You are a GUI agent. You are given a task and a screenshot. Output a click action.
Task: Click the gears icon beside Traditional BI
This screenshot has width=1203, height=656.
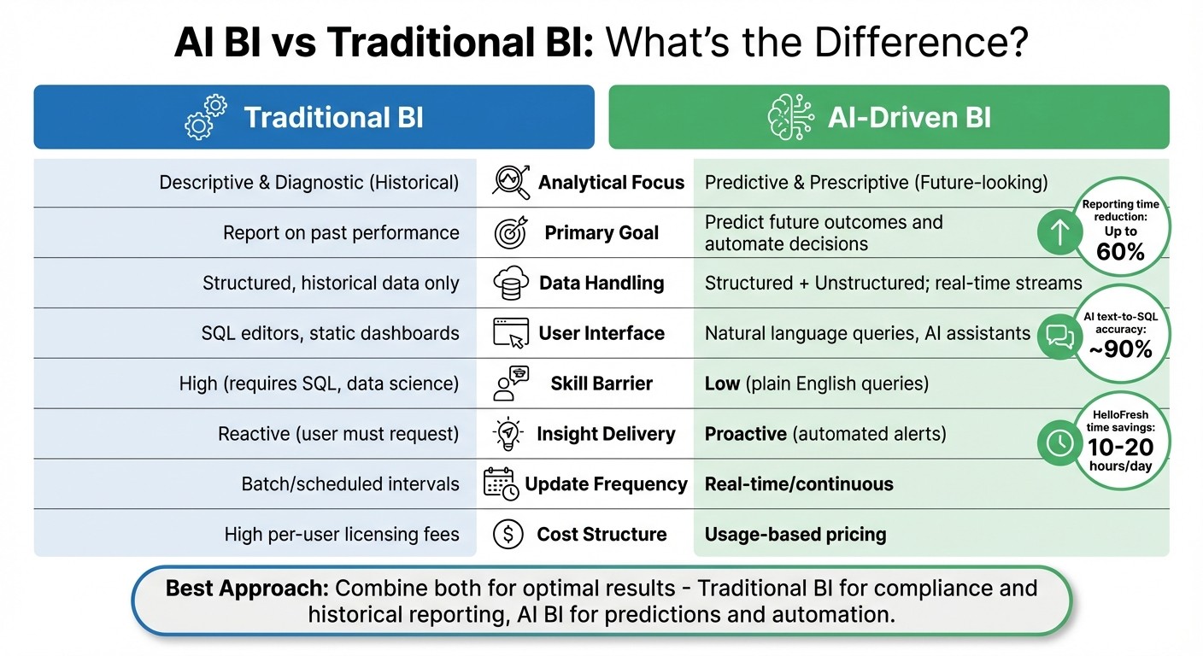(x=206, y=118)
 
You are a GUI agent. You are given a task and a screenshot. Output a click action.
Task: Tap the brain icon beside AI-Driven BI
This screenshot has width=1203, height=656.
(x=788, y=118)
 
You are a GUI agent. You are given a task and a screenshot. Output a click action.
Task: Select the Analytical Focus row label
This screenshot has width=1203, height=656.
(x=611, y=182)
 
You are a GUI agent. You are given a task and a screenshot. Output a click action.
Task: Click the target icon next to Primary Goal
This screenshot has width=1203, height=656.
(x=511, y=233)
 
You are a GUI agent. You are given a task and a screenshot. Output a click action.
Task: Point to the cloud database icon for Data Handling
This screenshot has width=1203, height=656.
(x=511, y=284)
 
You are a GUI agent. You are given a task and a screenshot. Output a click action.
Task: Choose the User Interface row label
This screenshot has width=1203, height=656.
(x=601, y=333)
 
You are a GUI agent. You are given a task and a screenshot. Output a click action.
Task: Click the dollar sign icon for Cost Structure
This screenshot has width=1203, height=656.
(x=508, y=535)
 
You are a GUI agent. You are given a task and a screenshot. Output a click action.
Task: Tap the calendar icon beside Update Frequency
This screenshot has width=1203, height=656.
(x=501, y=483)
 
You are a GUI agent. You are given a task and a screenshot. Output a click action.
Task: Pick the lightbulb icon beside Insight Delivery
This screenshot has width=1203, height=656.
(x=508, y=434)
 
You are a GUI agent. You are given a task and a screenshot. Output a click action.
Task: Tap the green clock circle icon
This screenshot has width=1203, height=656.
(x=1059, y=442)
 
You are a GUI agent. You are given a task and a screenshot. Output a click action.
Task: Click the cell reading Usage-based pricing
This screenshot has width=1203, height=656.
(x=795, y=535)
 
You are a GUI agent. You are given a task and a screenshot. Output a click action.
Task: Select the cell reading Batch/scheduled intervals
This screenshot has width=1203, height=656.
(x=350, y=484)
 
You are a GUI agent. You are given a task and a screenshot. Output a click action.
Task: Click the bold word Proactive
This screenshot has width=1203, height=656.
(x=745, y=434)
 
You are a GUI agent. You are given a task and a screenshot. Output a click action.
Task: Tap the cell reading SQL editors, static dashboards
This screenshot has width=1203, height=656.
(x=330, y=333)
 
